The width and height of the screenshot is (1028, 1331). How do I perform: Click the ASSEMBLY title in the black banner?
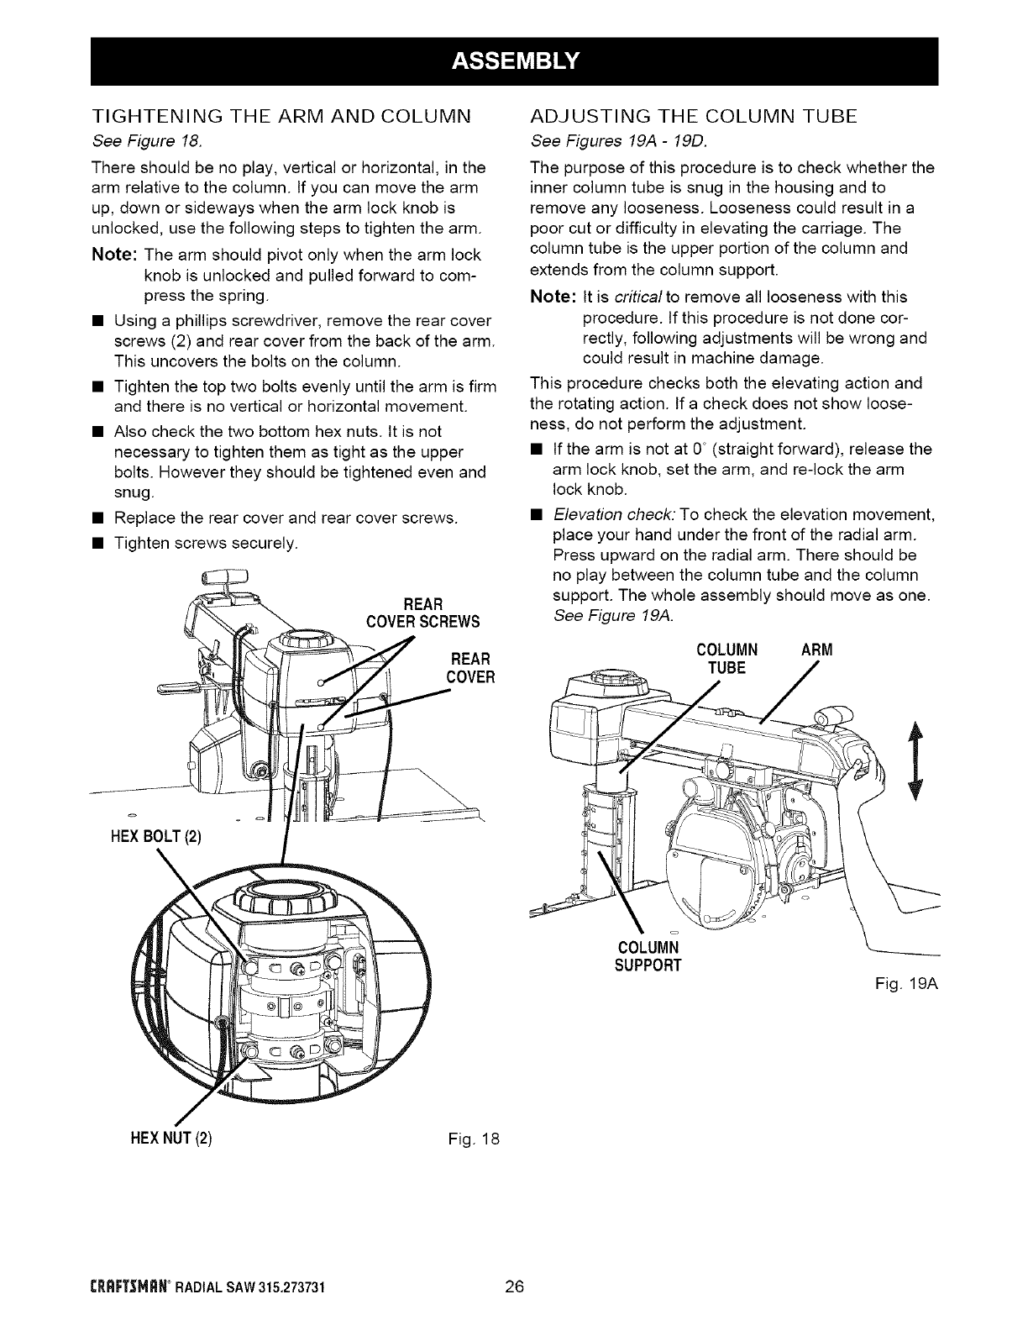(513, 60)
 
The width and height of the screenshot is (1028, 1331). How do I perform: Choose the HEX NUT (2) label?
(169, 1139)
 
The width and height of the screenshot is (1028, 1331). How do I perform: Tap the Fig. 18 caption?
(475, 1139)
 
